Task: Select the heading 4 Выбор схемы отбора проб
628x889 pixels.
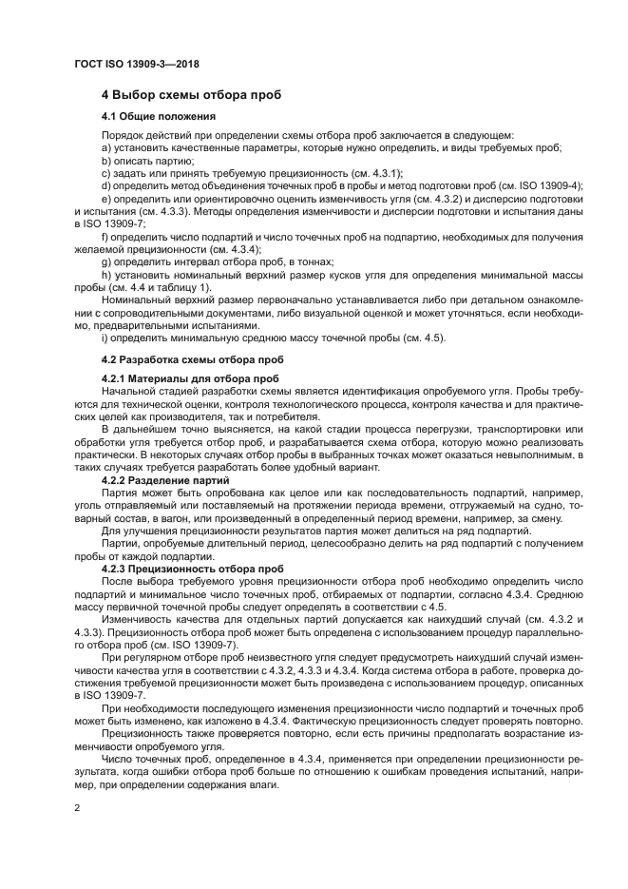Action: pyautogui.click(x=190, y=95)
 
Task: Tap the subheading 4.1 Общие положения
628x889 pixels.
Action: pyautogui.click(x=158, y=117)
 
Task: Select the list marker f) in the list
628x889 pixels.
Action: pyautogui.click(x=105, y=235)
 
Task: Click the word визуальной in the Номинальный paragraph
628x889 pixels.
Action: pyautogui.click(x=380, y=312)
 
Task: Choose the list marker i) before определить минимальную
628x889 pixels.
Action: pyautogui.click(x=105, y=338)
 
